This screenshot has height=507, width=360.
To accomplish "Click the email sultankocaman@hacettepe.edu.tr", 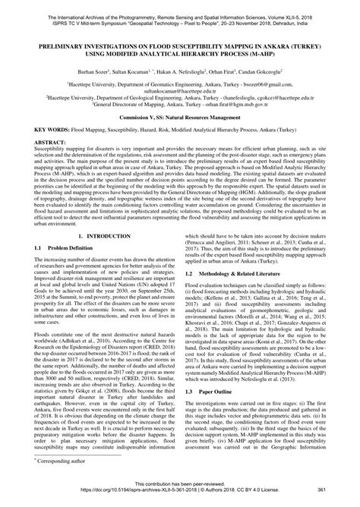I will (180, 90).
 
